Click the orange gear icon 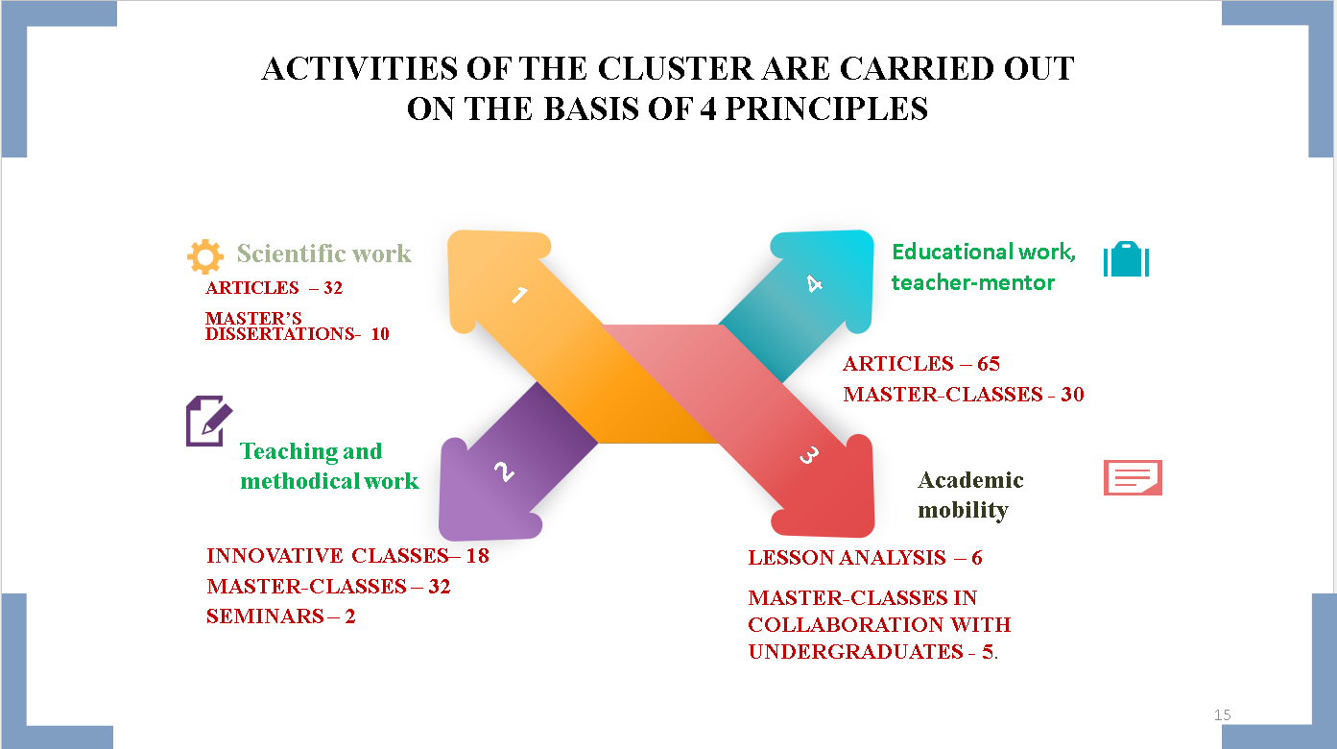[x=205, y=256]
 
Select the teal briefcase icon [x=1126, y=258]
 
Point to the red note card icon [x=1133, y=477]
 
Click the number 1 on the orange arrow [x=520, y=295]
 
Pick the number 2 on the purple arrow [x=504, y=471]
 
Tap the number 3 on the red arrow [x=809, y=456]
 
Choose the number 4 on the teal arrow [x=814, y=283]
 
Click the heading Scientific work [x=324, y=254]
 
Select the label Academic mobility [x=970, y=495]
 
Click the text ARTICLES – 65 [x=921, y=363]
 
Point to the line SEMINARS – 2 [x=280, y=616]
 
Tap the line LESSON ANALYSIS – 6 [x=865, y=557]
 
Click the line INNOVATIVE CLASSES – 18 [x=348, y=555]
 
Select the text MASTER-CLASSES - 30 [x=964, y=395]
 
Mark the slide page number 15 [x=1223, y=715]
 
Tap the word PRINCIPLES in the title [x=826, y=109]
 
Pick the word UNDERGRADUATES [x=856, y=652]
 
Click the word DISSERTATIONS [x=280, y=333]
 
